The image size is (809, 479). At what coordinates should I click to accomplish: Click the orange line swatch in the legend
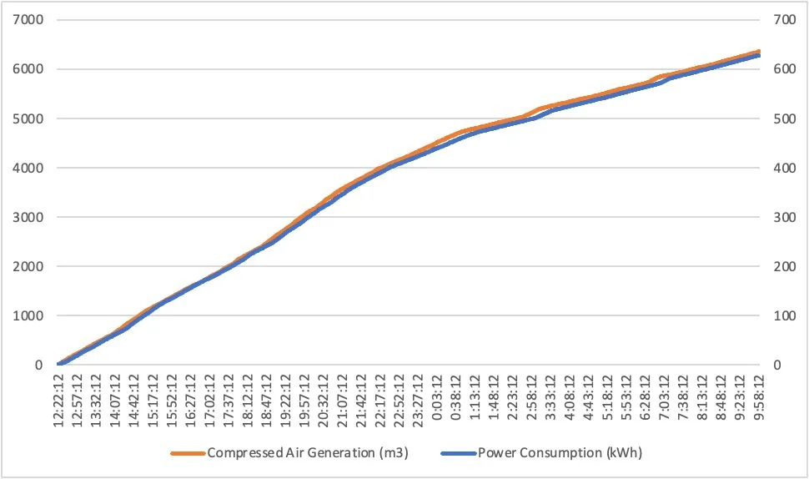tap(188, 454)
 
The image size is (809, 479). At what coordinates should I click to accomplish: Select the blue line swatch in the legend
tap(457, 454)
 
